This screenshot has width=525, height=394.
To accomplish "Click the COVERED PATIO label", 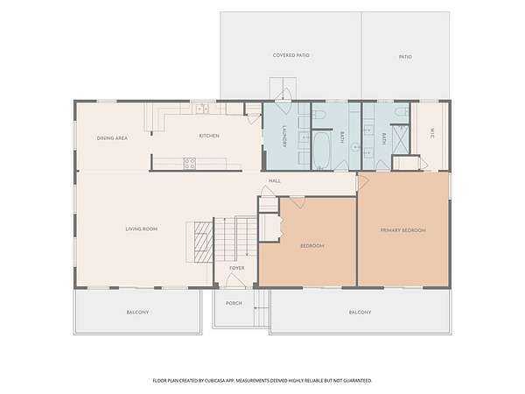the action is [291, 55].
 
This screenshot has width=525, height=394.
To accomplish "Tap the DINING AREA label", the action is [112, 138].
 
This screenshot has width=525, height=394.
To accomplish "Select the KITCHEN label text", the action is [209, 136].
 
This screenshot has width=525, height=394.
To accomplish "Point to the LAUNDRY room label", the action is [284, 137].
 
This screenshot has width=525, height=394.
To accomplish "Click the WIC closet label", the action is [432, 133].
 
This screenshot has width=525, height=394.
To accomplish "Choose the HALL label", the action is [275, 181].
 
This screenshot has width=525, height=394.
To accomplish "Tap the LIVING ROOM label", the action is [141, 229].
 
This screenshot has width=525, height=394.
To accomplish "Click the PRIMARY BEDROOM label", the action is [403, 230].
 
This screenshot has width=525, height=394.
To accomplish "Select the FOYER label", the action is [237, 268].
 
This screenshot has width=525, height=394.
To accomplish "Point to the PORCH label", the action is [234, 303].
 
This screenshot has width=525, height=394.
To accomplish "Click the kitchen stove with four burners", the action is [190, 164].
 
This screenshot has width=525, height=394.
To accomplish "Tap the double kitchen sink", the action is [202, 109].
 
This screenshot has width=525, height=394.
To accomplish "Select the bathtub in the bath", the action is [322, 151].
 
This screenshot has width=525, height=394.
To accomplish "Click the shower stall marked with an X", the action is [401, 139].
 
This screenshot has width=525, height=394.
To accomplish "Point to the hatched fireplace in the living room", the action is [204, 242].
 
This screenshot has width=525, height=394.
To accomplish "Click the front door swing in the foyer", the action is [235, 281].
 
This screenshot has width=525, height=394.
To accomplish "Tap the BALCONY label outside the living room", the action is [137, 313].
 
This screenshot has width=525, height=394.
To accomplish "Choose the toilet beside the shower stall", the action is [401, 111].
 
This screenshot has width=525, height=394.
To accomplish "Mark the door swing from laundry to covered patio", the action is [283, 95].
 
